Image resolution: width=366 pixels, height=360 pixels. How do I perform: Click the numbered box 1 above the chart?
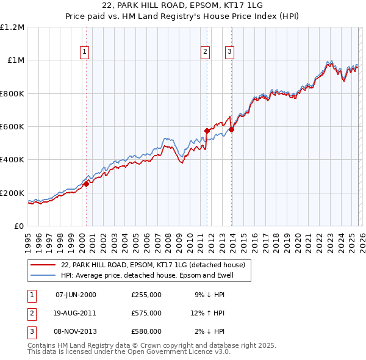pos(84,52)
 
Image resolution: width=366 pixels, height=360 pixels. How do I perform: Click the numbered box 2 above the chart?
pos(206,52)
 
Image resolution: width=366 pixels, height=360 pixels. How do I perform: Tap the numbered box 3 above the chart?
pos(229,52)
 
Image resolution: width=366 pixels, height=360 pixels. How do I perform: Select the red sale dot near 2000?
pos(86,184)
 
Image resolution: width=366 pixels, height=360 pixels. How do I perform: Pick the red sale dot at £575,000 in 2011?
pos(207,131)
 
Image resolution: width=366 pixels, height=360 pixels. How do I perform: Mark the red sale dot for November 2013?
pos(231,129)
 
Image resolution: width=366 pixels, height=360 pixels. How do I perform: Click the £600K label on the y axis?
pos(13,126)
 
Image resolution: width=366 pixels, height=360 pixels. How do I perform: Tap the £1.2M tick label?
pos(13,27)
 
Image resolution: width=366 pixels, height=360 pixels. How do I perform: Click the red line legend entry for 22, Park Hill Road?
pos(152,265)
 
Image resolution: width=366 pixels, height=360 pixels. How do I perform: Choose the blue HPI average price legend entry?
pos(147,275)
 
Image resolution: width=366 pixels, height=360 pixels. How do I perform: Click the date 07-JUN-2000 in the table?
pos(76,295)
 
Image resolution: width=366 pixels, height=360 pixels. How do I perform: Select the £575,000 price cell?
pos(146,313)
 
